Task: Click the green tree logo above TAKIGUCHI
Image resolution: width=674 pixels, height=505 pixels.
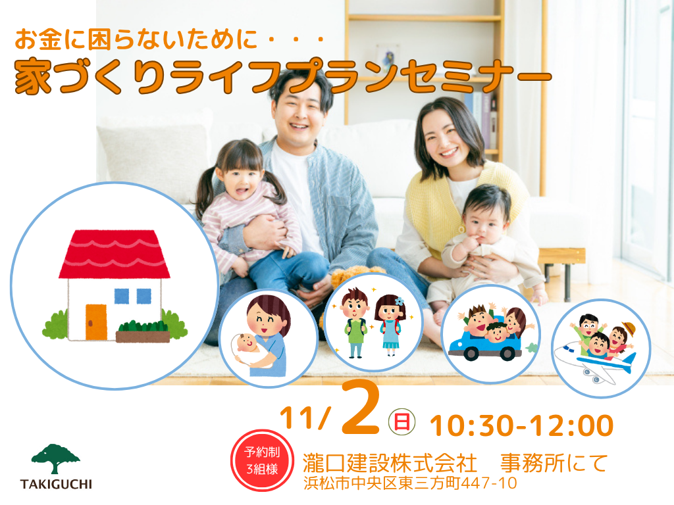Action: pyautogui.click(x=55, y=458)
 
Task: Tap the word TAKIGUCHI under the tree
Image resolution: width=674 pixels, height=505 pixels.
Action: pyautogui.click(x=57, y=485)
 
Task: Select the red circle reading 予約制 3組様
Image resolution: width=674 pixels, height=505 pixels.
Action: pyautogui.click(x=262, y=460)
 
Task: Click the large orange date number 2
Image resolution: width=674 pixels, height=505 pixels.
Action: pyautogui.click(x=360, y=410)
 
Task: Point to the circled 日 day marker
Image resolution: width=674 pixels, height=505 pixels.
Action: pyautogui.click(x=402, y=421)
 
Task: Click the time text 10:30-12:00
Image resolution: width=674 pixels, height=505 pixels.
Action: pyautogui.click(x=521, y=425)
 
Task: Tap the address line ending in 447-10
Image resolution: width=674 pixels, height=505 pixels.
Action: pyautogui.click(x=410, y=483)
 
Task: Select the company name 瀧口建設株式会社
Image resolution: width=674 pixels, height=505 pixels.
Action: pyautogui.click(x=390, y=463)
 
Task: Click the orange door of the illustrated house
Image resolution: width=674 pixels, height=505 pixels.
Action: pyautogui.click(x=96, y=322)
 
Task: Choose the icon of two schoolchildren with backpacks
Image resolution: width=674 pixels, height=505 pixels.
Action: pyautogui.click(x=373, y=322)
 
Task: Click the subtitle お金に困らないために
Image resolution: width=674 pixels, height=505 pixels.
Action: pyautogui.click(x=136, y=39)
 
